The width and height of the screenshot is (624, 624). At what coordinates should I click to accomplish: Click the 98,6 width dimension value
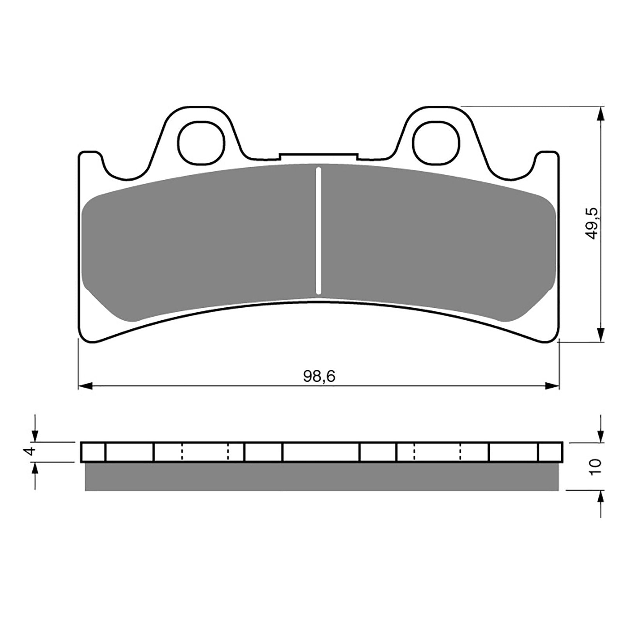(x=319, y=376)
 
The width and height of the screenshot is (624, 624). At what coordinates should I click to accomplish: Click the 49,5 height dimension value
(x=593, y=223)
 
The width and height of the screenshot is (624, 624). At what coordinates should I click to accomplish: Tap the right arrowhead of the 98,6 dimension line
(x=552, y=386)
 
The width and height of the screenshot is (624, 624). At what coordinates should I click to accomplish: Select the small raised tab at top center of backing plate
(x=318, y=156)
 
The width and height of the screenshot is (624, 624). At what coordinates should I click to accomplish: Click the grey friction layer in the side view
(x=322, y=477)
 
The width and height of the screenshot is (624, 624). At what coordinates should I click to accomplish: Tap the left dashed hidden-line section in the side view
(x=205, y=452)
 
